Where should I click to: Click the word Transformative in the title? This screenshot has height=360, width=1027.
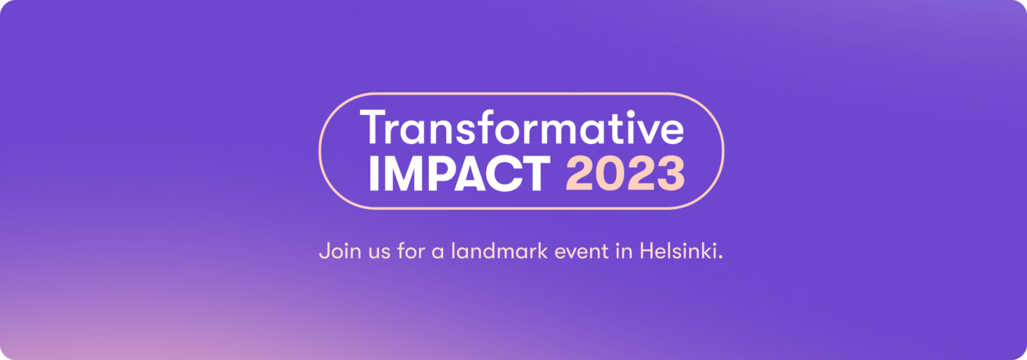click(522, 127)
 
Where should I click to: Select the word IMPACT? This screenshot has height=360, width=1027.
click(459, 174)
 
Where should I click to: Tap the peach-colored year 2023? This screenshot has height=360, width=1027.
click(625, 174)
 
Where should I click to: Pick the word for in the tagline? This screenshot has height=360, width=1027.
click(411, 251)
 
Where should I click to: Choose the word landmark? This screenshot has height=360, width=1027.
click(499, 251)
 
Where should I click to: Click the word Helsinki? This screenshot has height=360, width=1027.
click(678, 251)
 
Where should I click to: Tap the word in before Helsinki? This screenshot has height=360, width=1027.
click(625, 251)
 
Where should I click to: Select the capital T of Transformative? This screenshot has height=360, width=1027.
click(375, 128)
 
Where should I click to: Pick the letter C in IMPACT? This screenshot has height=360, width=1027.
click(505, 174)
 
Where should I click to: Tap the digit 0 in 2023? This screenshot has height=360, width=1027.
click(611, 174)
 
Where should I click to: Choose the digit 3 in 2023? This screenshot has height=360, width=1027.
click(671, 174)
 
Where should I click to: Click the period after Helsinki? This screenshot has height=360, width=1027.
click(720, 257)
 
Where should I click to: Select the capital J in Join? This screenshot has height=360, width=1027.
click(324, 251)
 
